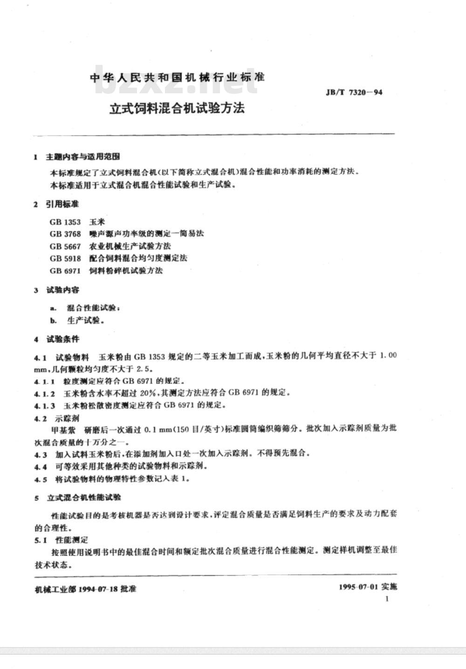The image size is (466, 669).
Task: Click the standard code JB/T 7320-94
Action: (x=355, y=92)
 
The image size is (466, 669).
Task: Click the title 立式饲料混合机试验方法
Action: (x=177, y=109)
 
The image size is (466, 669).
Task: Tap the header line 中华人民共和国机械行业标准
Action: (x=177, y=77)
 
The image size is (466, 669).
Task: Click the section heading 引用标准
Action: (x=62, y=204)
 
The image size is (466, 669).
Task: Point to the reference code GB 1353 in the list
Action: (x=65, y=222)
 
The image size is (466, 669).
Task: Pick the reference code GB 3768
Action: (x=65, y=234)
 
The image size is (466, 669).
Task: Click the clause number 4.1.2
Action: (x=45, y=393)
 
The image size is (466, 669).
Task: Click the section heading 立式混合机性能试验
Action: (x=84, y=498)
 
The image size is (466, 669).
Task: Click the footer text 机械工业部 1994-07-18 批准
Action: (x=86, y=589)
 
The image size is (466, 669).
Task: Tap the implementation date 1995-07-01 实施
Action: (x=368, y=587)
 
